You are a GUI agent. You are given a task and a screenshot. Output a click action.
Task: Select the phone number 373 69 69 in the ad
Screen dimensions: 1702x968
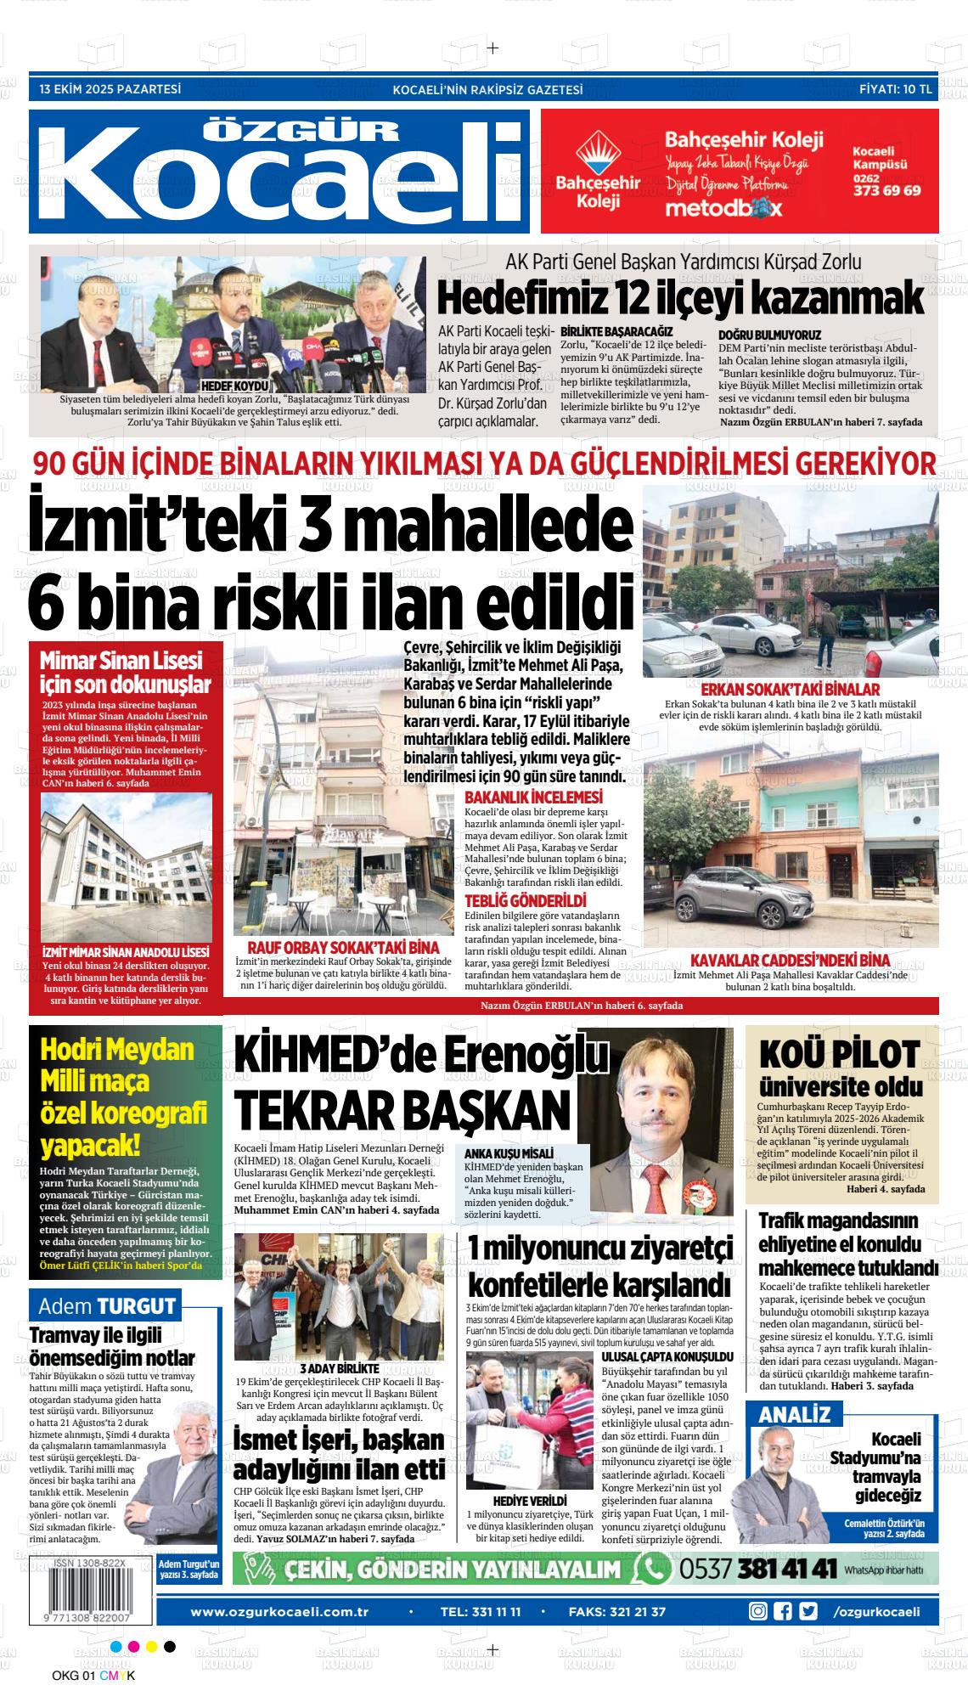[x=886, y=191]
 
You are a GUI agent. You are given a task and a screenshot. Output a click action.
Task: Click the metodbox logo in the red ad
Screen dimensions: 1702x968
[x=723, y=208]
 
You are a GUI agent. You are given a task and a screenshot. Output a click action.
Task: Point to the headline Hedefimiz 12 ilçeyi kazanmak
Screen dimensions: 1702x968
[x=679, y=298]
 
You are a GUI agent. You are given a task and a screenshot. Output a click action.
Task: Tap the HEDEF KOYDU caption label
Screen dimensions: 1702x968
[x=223, y=385]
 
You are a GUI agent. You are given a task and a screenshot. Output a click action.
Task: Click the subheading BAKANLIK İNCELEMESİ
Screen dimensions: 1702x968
[x=533, y=797]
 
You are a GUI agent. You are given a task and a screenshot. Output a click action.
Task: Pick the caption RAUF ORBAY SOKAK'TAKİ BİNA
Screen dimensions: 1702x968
[x=342, y=947]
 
